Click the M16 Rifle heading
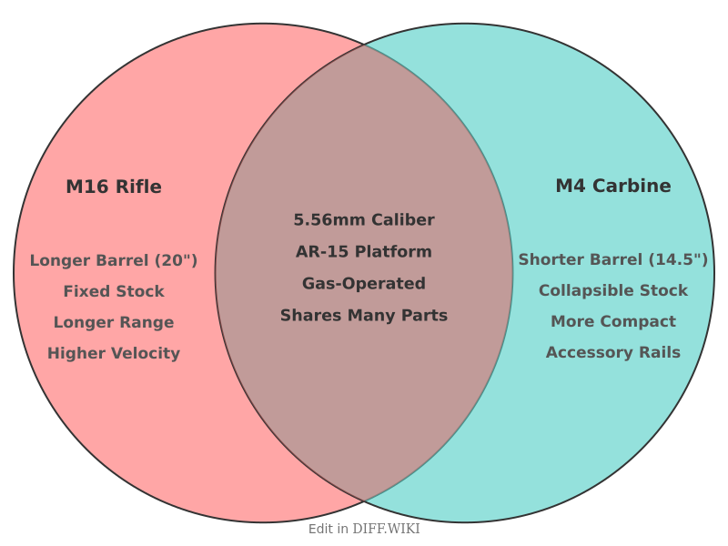pos(114,187)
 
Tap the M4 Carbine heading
pos(613,186)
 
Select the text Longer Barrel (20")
pos(114,260)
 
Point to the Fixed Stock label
pos(114,291)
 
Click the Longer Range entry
pos(114,322)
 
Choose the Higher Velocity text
pos(114,353)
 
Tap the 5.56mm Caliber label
pos(364,220)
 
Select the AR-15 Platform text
pos(364,251)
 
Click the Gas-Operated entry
pos(364,283)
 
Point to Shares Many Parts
pos(364,316)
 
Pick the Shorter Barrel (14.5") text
pos(613,259)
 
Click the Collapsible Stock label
pos(613,290)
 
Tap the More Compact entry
pos(613,321)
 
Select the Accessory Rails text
pos(613,352)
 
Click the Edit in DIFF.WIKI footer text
pos(364,529)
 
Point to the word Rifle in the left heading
pos(138,187)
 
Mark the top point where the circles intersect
pos(364,45)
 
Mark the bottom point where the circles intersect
pos(364,501)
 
